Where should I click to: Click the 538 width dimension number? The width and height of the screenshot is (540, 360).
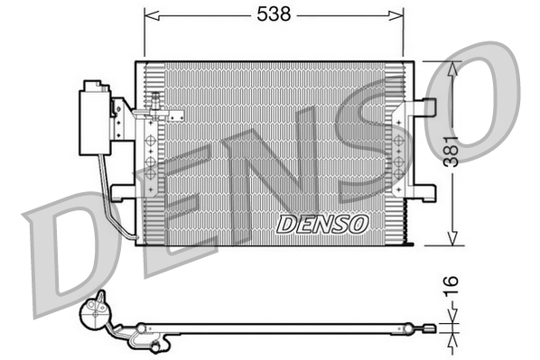(274, 14)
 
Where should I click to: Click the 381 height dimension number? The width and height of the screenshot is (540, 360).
(452, 152)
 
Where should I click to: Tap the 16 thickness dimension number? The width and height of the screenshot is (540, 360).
(451, 286)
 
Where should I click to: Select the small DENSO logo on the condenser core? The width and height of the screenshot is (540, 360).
(322, 225)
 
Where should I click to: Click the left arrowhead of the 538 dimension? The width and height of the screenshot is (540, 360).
(152, 15)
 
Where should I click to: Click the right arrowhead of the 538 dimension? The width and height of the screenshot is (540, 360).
(396, 15)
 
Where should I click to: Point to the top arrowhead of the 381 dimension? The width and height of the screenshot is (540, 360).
(452, 69)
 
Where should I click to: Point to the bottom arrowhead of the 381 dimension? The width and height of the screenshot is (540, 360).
(452, 238)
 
